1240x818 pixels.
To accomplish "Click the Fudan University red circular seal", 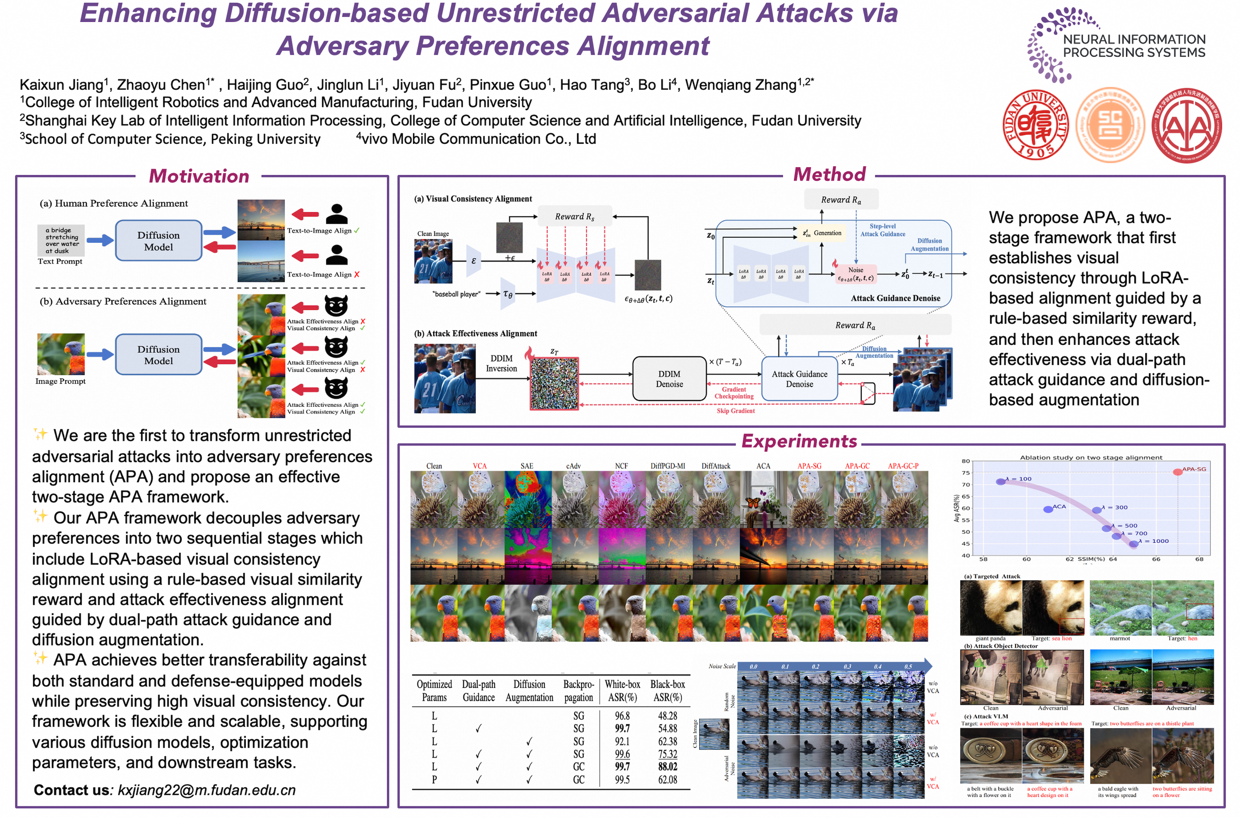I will tap(1035, 125).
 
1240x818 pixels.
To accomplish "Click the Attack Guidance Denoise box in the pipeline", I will tap(799, 379).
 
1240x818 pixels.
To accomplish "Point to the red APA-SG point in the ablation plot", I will tap(1177, 472).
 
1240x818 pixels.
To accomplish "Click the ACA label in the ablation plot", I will tap(1059, 506).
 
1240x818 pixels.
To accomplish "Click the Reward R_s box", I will tap(574, 216).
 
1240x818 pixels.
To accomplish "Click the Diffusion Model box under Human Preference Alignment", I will tap(158, 241).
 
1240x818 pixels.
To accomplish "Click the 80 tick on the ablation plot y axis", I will tap(966, 461).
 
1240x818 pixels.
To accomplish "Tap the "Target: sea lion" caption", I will tap(1051, 638).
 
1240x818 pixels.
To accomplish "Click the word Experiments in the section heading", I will tap(799, 441).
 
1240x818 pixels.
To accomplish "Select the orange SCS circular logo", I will tap(1110, 125).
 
